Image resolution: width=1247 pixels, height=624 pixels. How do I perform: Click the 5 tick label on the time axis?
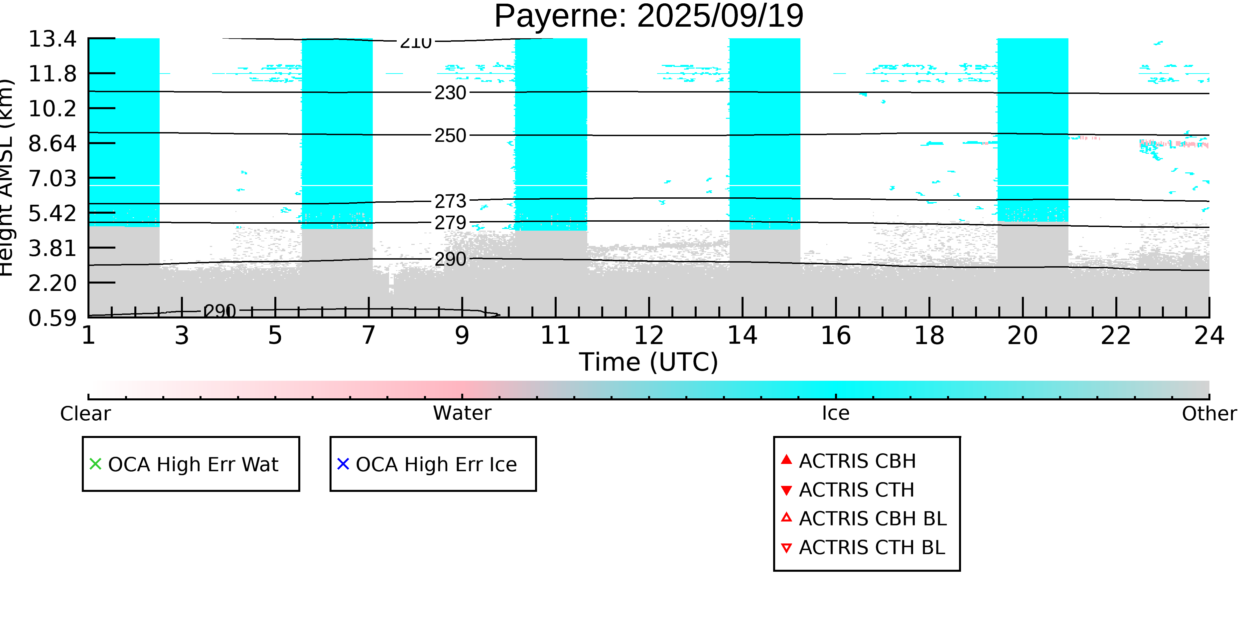coord(275,335)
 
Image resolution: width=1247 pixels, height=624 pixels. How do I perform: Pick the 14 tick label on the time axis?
coord(742,335)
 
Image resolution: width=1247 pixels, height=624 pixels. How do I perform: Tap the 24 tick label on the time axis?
coord(1209,335)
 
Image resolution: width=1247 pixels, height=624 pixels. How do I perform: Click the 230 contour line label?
coord(450,93)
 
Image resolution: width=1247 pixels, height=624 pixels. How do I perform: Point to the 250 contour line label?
coord(450,136)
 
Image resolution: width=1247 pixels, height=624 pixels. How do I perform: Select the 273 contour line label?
coord(450,201)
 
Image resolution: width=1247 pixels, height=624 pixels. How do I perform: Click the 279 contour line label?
coord(450,223)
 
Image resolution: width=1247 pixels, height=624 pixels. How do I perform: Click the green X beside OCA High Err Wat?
coord(95,464)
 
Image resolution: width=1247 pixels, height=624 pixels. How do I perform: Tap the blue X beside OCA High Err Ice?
coord(343,464)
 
